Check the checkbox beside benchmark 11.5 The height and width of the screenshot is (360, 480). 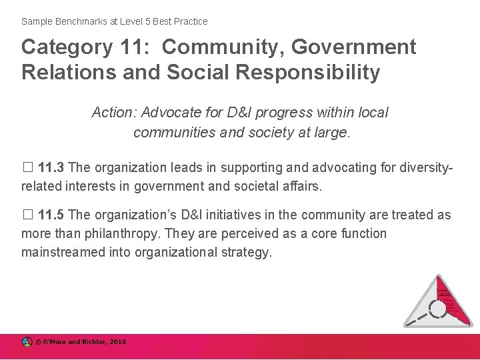pyautogui.click(x=27, y=215)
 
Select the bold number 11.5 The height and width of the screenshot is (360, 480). pyautogui.click(x=52, y=215)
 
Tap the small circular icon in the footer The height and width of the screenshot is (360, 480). pyautogui.click(x=27, y=342)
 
